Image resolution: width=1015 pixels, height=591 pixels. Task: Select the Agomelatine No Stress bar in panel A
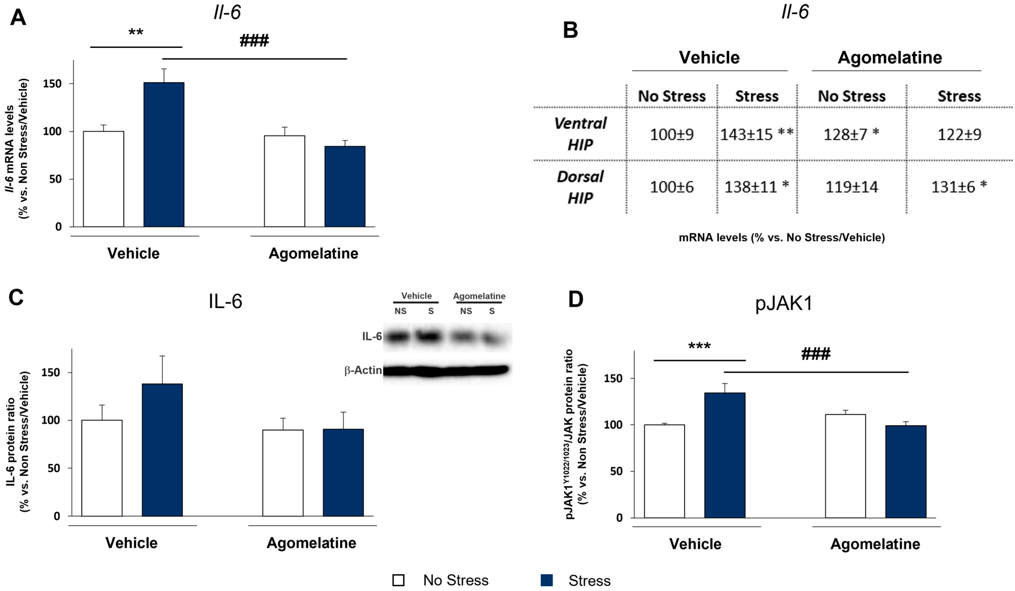(284, 181)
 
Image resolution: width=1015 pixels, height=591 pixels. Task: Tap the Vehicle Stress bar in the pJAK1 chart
(725, 455)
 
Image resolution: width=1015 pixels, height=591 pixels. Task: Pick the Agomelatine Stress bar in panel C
(343, 472)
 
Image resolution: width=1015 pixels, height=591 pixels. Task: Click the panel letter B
(570, 30)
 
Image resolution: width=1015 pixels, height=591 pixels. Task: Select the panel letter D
(576, 299)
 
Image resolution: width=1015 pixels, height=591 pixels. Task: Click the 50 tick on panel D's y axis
(617, 471)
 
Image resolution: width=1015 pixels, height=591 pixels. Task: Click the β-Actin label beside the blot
(363, 370)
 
